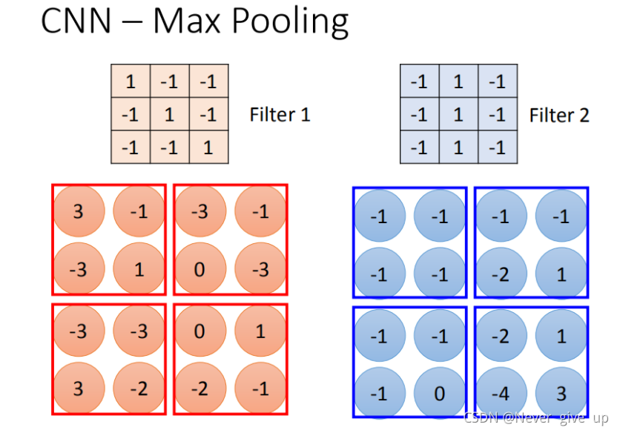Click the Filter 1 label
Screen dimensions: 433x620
coord(280,115)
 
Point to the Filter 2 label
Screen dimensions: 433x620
coord(559,115)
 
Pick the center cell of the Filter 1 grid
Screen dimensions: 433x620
coord(170,114)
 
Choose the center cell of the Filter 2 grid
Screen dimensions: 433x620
coord(458,114)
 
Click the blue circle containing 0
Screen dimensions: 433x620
coord(440,392)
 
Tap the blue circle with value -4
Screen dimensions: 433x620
coord(501,392)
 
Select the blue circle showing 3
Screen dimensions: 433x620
coord(561,392)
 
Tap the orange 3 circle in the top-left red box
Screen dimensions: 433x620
coord(79,211)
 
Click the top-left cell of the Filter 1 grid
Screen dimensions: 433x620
coord(131,81)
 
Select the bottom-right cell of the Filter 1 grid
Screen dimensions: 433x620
coord(208,148)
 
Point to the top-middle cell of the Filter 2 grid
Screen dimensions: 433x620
coord(458,81)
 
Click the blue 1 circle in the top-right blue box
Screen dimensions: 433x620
coord(561,274)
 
